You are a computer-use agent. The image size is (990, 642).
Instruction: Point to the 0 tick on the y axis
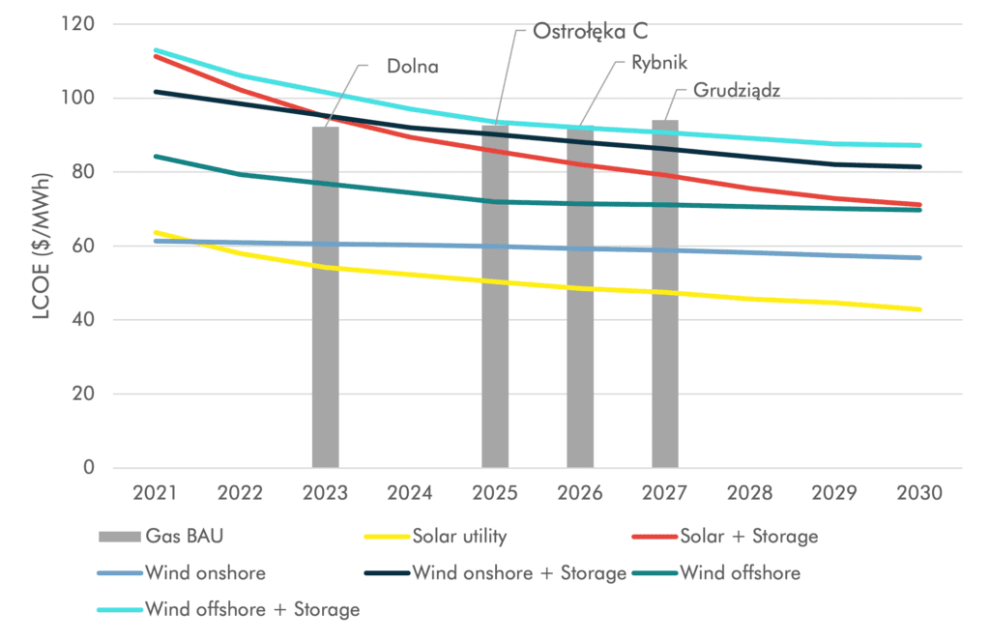coord(88,468)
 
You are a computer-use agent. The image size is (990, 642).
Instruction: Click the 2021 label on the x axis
coord(155,492)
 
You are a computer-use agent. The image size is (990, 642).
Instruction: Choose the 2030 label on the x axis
coord(919,492)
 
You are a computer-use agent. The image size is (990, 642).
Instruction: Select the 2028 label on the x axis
coord(749,492)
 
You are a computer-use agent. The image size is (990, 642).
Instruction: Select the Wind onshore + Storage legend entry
coord(519,572)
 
